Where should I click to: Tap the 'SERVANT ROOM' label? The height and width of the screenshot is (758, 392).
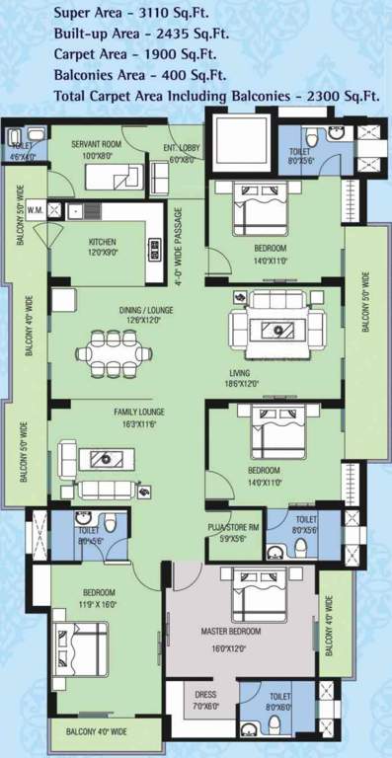(96, 144)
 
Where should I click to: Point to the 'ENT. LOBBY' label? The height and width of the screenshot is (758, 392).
(184, 146)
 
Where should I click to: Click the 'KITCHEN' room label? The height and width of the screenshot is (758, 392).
(104, 242)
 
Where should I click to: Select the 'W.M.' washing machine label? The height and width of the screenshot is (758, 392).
(35, 209)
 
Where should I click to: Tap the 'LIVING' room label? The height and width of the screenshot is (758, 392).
(266, 372)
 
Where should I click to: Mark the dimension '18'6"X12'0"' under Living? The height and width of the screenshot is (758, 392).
(266, 384)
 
